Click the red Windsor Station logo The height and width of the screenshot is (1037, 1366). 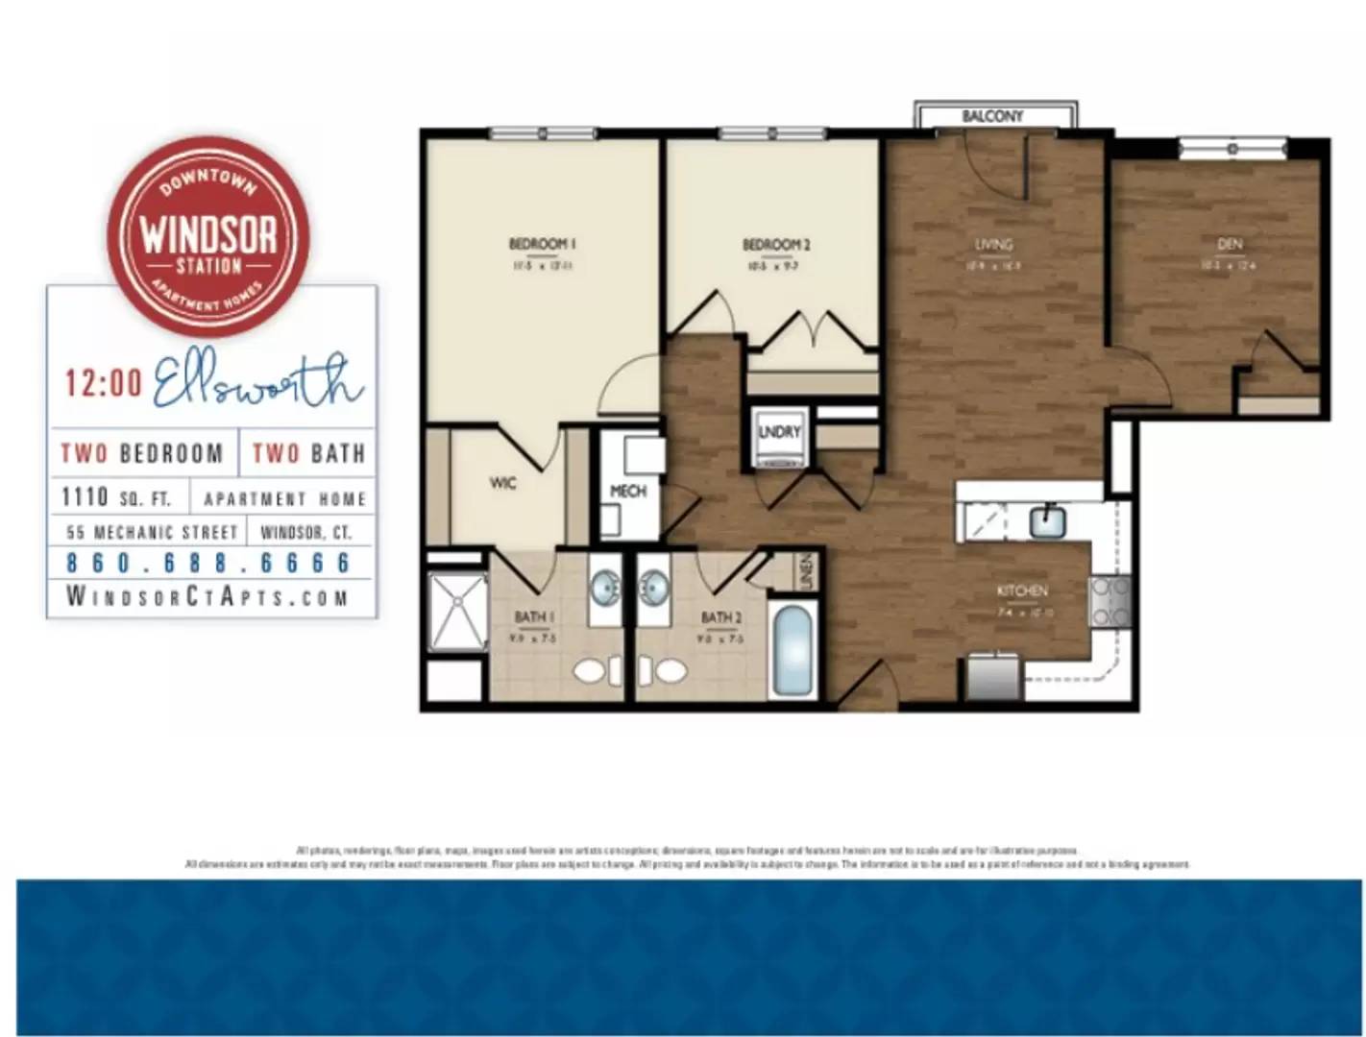click(207, 236)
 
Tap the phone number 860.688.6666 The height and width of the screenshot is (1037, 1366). click(208, 563)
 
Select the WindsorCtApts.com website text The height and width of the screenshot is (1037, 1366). click(207, 596)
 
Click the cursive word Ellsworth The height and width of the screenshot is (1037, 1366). click(257, 383)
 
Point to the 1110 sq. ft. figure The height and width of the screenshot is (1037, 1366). click(115, 497)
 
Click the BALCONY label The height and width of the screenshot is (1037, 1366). click(992, 116)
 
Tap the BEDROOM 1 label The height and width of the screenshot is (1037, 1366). click(542, 244)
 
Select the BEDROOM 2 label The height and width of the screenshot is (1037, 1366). click(776, 245)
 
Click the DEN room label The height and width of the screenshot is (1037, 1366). click(1229, 244)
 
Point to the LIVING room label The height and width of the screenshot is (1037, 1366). click(993, 244)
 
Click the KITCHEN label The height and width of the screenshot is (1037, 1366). click(1022, 591)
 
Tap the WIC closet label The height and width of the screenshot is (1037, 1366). click(502, 483)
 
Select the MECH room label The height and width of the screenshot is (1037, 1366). click(628, 491)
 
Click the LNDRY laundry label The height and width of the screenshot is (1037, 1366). click(779, 432)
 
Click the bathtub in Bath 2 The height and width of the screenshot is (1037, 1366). click(793, 650)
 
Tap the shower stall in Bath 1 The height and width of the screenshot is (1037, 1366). click(458, 613)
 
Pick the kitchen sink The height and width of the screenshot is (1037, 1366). click(1046, 521)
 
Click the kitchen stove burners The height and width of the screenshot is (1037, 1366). click(1110, 601)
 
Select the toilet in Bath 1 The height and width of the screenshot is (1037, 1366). click(591, 669)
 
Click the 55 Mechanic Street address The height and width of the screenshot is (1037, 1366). click(152, 532)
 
